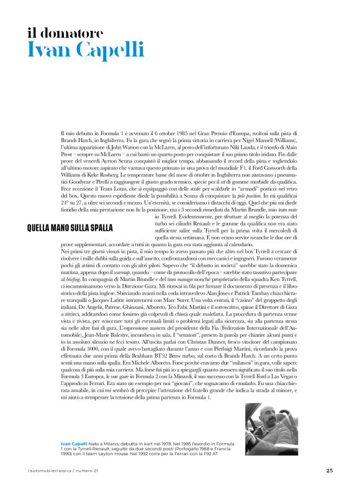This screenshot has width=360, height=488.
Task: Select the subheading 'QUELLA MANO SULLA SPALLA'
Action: coord(70,228)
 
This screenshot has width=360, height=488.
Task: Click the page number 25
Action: coord(329,470)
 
